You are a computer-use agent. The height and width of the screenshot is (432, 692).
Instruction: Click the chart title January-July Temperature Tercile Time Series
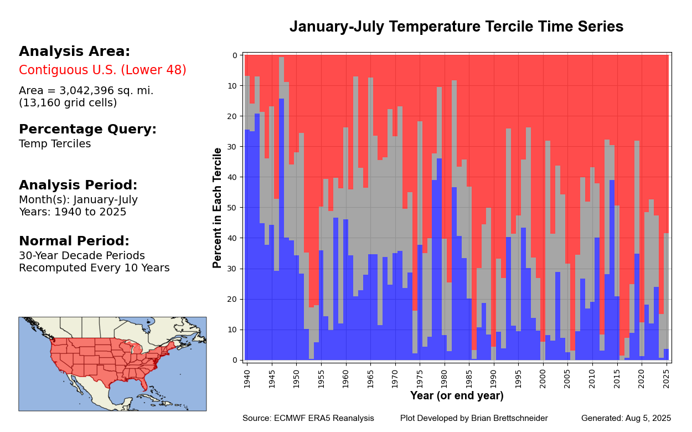(x=456, y=27)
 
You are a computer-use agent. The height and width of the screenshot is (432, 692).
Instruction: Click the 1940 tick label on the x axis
(x=247, y=377)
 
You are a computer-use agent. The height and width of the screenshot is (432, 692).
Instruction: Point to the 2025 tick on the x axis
(x=667, y=377)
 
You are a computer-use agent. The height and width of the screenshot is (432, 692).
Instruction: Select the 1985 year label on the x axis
(x=469, y=377)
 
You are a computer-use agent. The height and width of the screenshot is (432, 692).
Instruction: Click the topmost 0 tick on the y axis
(x=234, y=55)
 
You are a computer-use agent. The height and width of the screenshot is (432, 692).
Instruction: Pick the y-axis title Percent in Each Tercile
(x=218, y=208)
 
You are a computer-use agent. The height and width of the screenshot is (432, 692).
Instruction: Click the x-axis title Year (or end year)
(x=457, y=396)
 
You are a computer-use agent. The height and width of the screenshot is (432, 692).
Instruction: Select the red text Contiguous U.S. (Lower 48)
(x=102, y=70)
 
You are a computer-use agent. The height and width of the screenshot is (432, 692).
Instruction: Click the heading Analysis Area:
(x=74, y=52)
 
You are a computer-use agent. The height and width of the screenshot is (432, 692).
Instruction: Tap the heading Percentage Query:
(x=87, y=130)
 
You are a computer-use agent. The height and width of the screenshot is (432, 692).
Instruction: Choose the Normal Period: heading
(x=74, y=241)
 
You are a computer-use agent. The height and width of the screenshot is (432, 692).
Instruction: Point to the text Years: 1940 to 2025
(x=73, y=212)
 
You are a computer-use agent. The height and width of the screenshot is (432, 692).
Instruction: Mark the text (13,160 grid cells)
(x=68, y=103)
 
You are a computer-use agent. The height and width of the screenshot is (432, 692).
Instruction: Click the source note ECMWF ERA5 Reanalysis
(x=324, y=418)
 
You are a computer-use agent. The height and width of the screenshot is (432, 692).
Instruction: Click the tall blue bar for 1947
(x=282, y=222)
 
